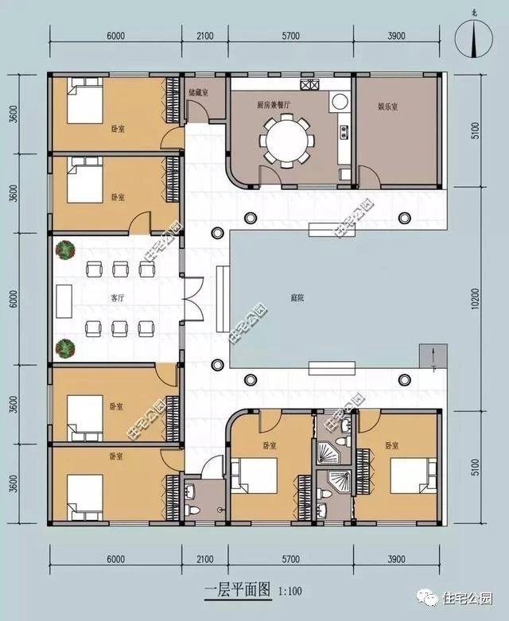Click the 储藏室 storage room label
coord(198,93)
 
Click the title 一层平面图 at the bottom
coord(236,591)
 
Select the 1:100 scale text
coord(291,592)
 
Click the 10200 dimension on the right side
coord(476,297)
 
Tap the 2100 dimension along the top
coord(206,37)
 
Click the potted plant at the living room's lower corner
coord(64,347)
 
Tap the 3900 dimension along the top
coord(395,37)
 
